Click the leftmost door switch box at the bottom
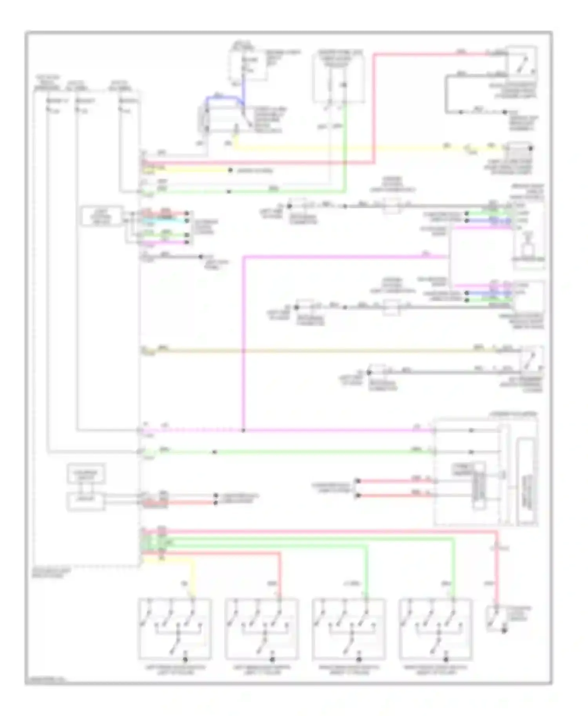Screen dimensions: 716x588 pos(175,629)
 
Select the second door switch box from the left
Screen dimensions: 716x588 pos(261,629)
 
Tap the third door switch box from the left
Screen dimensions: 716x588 pos(348,629)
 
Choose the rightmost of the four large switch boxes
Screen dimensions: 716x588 pos(436,629)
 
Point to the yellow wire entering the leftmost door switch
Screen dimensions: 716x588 pos(193,576)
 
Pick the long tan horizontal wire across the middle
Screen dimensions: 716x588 pos(314,350)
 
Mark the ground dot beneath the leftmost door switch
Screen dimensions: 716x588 pos(186,660)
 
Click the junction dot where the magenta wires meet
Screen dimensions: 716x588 pos(243,430)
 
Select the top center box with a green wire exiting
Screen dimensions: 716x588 pos(338,78)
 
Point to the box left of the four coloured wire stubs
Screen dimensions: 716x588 pos(102,216)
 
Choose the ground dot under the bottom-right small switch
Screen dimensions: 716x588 pos(505,631)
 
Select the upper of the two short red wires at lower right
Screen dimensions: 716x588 pos(392,481)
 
